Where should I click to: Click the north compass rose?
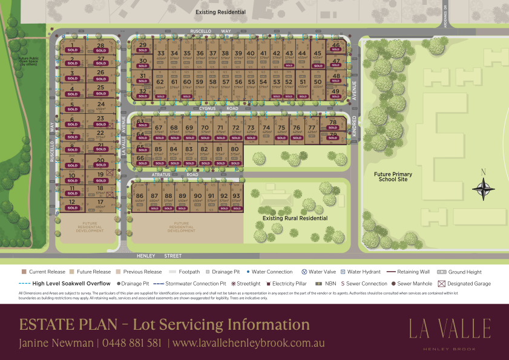pos(483,188)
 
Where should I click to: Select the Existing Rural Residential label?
pos(295,218)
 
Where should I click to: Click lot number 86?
pos(140,196)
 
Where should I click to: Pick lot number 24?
pos(100,104)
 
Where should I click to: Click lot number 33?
pos(160,53)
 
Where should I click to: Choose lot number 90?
pos(198,196)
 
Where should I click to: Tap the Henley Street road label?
pos(154,256)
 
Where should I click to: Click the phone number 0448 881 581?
pos(132,342)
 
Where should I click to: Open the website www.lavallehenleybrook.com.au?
pos(248,342)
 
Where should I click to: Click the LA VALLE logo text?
pos(450,329)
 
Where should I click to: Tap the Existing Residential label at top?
pos(220,12)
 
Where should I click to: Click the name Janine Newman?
pos(55,342)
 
